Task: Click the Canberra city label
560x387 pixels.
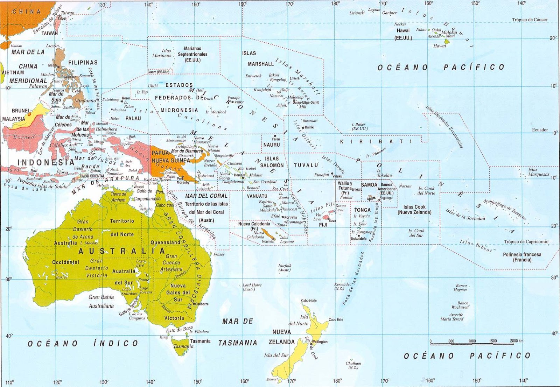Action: (x=202, y=304)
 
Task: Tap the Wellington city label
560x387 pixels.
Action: (x=320, y=342)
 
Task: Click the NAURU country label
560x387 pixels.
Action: (x=272, y=145)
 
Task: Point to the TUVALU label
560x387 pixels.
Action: (x=306, y=165)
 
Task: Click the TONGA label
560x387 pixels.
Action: (x=362, y=210)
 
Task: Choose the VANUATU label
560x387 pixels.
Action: (x=257, y=196)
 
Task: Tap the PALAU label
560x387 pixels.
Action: (x=133, y=119)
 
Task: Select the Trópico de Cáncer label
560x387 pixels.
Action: (x=530, y=20)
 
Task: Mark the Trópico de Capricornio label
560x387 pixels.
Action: (x=526, y=242)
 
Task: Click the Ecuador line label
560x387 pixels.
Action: (x=540, y=130)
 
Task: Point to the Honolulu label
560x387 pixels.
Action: (x=433, y=36)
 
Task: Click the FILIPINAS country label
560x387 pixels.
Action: (x=83, y=63)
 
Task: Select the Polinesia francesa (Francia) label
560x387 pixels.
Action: (x=522, y=257)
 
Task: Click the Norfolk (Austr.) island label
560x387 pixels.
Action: (x=285, y=268)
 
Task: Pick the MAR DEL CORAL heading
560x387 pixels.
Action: (x=206, y=196)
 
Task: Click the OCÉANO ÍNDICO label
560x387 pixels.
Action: (x=83, y=344)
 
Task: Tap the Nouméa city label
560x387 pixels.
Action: (x=268, y=241)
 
